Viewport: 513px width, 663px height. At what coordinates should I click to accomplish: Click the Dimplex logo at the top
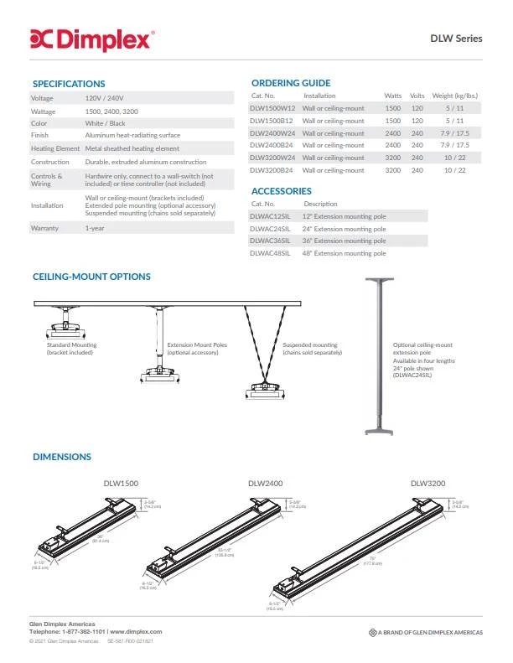92,38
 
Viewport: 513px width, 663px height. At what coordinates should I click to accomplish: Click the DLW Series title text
456,38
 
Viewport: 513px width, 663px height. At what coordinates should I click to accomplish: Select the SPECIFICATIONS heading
69,84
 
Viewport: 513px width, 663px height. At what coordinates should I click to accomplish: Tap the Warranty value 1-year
95,228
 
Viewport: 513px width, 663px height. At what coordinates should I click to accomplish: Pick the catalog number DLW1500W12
272,108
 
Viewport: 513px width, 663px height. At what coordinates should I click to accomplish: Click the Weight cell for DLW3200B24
454,170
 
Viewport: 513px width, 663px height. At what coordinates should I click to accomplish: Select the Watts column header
392,96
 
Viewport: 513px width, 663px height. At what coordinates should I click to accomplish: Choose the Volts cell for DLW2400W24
417,133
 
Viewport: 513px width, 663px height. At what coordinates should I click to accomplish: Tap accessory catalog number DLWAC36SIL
270,241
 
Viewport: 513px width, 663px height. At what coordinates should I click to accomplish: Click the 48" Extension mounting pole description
344,253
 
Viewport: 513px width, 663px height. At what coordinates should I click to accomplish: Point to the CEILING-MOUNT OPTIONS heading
91,277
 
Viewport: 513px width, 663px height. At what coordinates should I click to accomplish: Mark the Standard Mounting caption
72,348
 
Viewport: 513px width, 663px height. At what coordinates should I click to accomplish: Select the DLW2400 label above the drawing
263,483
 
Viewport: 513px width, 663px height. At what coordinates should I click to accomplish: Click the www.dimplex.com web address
136,631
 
